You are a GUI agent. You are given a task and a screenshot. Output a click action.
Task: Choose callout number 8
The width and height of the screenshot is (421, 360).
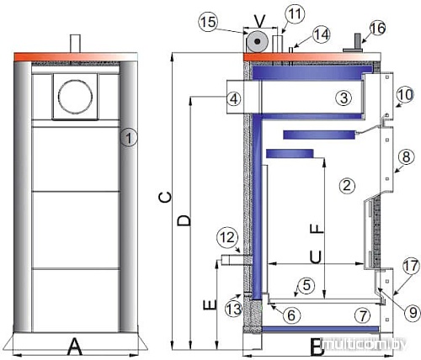click(405, 156)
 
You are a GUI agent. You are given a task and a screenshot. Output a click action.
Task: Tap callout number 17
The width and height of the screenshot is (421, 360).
click(410, 267)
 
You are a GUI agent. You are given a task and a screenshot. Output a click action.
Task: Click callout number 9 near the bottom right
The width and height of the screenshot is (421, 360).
click(410, 312)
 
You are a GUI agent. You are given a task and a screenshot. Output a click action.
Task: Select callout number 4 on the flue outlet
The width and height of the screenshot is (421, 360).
click(234, 98)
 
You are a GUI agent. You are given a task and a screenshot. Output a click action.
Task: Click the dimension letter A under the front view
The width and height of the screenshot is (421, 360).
click(73, 345)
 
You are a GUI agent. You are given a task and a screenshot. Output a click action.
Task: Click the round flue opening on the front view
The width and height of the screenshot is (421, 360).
click(72, 98)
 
